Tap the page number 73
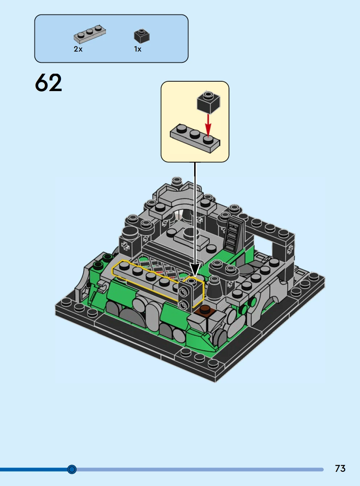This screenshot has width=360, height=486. (x=340, y=468)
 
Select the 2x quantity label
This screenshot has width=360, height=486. (x=78, y=49)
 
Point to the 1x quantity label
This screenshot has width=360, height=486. (x=138, y=49)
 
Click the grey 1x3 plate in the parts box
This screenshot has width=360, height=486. (x=90, y=34)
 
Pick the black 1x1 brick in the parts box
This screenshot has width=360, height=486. (x=142, y=36)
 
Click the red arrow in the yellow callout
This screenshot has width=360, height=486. (x=208, y=126)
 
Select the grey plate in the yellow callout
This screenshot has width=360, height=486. (x=195, y=138)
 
